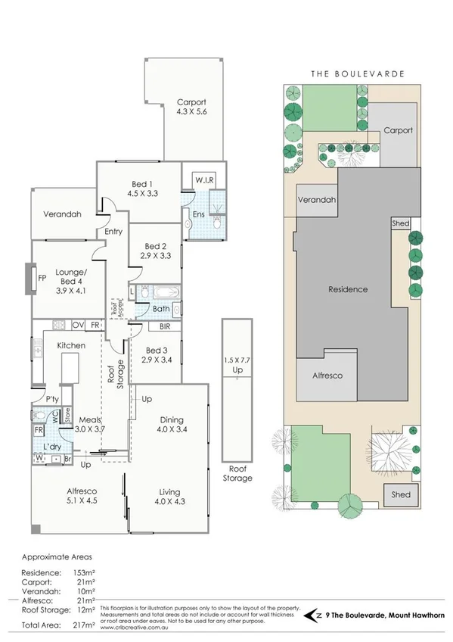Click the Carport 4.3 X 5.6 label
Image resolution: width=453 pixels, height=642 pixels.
pos(191,107)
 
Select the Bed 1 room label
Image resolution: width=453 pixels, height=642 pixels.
pos(142,188)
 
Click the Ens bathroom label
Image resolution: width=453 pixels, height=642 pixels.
pos(198,215)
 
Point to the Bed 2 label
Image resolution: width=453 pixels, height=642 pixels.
pos(155,251)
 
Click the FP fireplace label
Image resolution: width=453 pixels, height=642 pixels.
pos(42,278)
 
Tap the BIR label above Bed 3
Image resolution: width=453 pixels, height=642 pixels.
pos(165,327)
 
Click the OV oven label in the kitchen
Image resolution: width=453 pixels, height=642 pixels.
pos(77,326)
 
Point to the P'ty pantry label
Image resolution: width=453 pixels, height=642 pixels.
pos(52,399)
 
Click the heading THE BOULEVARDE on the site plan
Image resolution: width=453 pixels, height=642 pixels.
pos(358,74)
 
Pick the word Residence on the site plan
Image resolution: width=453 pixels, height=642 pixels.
pos(347,289)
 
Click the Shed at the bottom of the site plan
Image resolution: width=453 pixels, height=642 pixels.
pos(400,494)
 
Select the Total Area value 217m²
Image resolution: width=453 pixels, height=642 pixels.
pos(85,625)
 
